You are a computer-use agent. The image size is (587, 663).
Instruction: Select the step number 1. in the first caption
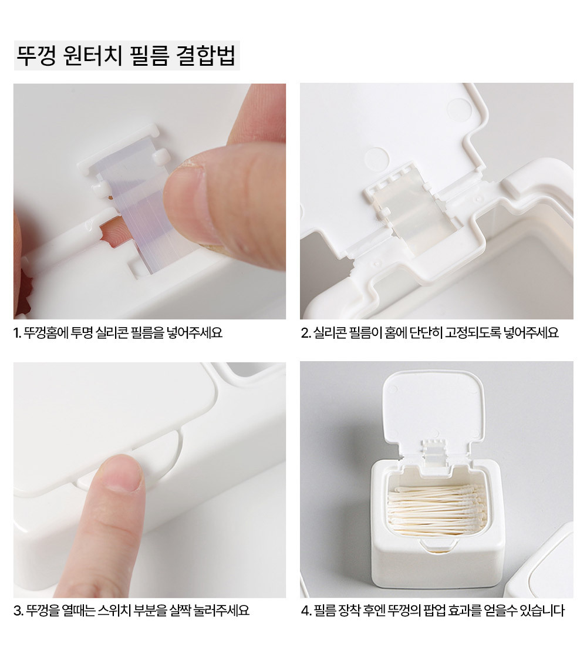pyautogui.click(x=18, y=333)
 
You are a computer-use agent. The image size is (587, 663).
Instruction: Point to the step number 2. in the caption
pyautogui.click(x=306, y=333)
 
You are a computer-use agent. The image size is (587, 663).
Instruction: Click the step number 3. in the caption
pyautogui.click(x=18, y=611)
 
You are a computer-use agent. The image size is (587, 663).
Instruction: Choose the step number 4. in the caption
pyautogui.click(x=306, y=611)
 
